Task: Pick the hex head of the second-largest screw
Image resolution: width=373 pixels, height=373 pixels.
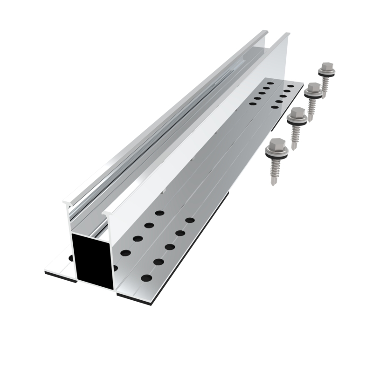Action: click(x=297, y=113)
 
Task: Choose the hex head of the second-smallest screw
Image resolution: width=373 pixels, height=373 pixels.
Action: click(x=313, y=88)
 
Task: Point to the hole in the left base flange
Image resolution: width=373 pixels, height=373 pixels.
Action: click(x=71, y=257)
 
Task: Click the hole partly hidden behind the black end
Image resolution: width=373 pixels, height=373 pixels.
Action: click(x=115, y=268)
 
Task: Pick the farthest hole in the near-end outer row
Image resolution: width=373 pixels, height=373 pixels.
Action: click(x=190, y=220)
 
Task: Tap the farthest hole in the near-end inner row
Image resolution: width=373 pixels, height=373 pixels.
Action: click(x=159, y=213)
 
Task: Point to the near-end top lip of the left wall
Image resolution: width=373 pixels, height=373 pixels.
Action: click(x=67, y=202)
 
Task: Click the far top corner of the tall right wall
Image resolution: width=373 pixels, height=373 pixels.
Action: click(x=288, y=35)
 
